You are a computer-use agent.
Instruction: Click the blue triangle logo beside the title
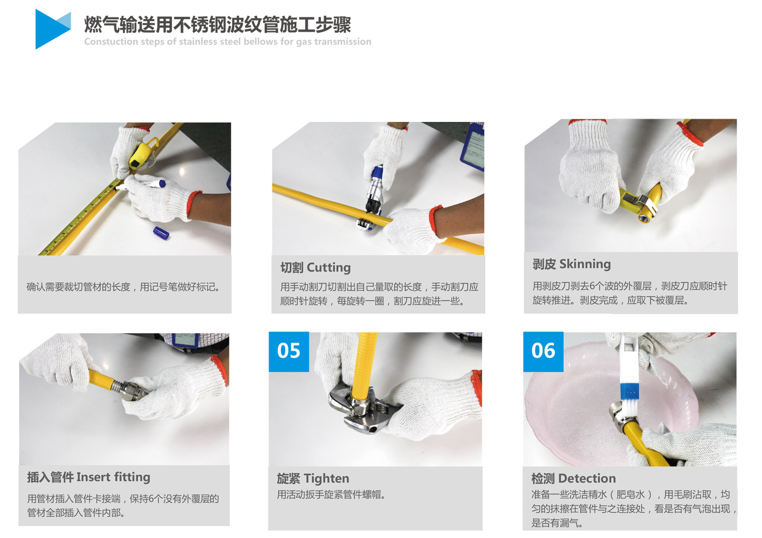coord(51,29)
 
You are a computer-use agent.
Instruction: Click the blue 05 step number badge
coord(289,352)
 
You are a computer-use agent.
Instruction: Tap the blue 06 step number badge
coord(543,352)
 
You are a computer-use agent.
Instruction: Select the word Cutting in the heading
coord(328,268)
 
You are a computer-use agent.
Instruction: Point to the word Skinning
coord(585,264)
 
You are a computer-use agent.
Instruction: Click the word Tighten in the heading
coord(327,479)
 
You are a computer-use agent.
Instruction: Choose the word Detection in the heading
coord(587,479)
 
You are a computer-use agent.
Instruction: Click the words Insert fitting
coord(113,477)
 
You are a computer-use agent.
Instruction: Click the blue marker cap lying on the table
coord(161,233)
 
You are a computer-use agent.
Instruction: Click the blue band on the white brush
coord(629,392)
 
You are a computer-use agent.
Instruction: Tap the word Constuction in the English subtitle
coord(111,41)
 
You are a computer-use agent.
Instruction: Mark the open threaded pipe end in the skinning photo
coord(644,218)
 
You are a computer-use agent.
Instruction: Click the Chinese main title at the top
coord(217,25)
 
